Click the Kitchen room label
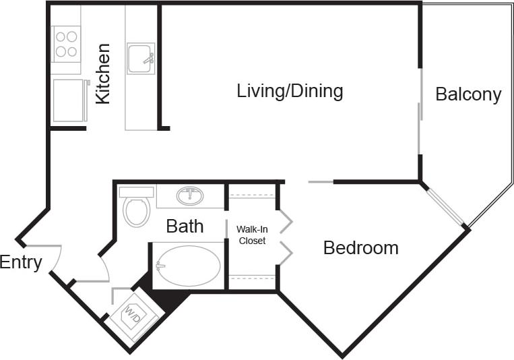(x=102, y=73)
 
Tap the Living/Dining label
(x=290, y=91)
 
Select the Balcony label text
(x=468, y=94)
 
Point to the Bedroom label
(x=360, y=248)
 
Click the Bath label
(x=185, y=226)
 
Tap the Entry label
(x=21, y=262)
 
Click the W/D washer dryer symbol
(x=132, y=313)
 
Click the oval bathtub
(x=189, y=266)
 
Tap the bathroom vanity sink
(x=190, y=196)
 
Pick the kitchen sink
(x=140, y=58)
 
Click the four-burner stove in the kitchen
(x=66, y=44)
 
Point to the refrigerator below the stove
(x=70, y=100)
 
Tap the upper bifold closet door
(x=285, y=220)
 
